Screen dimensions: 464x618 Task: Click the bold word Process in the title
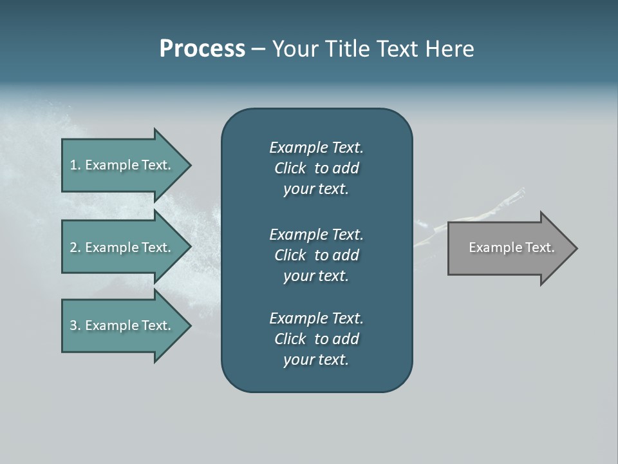coord(202,49)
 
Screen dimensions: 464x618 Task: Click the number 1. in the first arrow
coord(75,165)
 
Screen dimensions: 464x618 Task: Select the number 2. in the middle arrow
coord(75,247)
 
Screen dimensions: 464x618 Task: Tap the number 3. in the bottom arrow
coord(75,325)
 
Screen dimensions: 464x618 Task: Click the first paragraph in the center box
coord(316,168)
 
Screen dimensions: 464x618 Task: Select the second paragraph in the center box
coord(316,255)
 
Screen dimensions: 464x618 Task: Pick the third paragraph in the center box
coord(316,339)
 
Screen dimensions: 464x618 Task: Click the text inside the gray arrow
coord(511,247)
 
